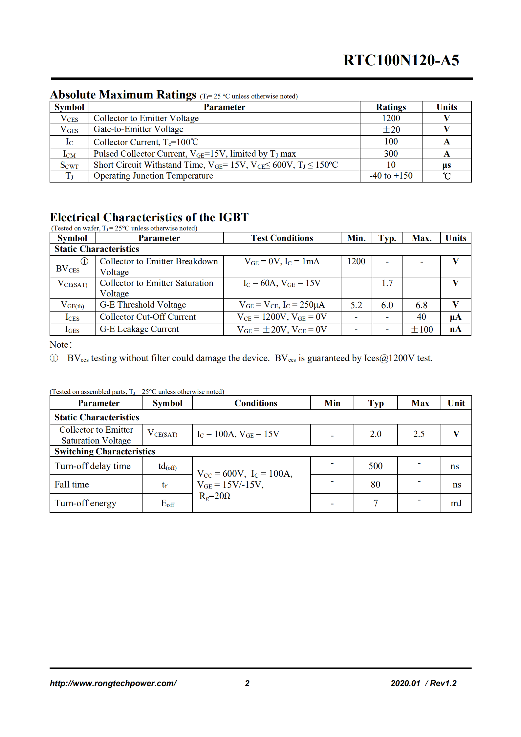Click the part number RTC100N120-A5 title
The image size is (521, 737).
(401, 60)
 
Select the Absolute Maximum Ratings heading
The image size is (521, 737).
(123, 95)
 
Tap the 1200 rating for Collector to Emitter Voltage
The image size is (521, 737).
(391, 118)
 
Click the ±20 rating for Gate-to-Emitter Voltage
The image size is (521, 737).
(391, 130)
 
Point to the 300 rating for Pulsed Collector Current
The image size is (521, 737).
(391, 154)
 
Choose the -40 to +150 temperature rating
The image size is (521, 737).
(391, 176)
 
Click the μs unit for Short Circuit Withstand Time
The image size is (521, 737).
(446, 165)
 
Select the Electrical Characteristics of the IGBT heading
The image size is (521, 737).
(149, 217)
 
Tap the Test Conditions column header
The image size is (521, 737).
(282, 238)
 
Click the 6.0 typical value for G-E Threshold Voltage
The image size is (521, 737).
(387, 305)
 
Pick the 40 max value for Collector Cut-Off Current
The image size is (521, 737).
(421, 317)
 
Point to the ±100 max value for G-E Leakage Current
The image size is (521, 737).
(422, 329)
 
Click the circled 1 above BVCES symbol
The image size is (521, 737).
(84, 261)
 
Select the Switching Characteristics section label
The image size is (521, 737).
(105, 451)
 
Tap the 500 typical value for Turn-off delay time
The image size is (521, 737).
(375, 466)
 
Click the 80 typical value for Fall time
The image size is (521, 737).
(375, 484)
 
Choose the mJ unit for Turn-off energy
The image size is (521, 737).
(456, 503)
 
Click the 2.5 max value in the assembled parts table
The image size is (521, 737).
(419, 434)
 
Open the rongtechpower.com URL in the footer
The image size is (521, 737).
(113, 683)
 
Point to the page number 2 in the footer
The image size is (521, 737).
(247, 683)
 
